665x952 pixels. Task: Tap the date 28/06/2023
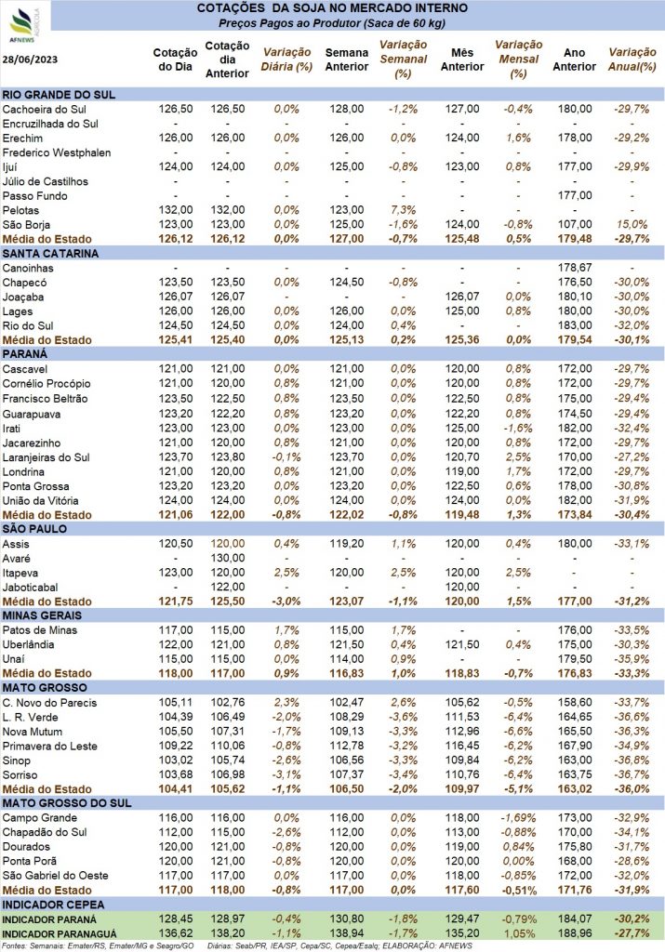point(30,59)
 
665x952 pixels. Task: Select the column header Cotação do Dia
point(175,59)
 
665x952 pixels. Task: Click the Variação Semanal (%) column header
point(404,59)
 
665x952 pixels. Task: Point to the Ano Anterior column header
point(575,59)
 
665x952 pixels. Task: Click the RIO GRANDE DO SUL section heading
point(59,95)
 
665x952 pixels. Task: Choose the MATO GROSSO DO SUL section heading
point(67,803)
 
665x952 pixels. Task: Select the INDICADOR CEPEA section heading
point(53,905)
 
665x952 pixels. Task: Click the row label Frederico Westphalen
point(57,152)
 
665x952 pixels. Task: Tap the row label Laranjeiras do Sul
point(47,457)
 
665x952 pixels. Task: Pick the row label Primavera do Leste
point(50,747)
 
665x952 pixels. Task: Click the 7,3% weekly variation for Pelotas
point(404,210)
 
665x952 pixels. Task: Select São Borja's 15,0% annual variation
point(632,225)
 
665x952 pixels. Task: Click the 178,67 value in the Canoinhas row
point(575,268)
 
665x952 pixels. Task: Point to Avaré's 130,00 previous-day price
point(228,558)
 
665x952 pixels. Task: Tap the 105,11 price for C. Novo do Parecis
point(176,703)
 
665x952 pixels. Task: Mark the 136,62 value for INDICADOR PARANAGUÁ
point(176,933)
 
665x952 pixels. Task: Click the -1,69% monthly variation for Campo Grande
point(519,818)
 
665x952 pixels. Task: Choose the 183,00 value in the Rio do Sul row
point(575,325)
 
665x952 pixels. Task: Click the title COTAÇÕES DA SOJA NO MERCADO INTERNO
point(332,8)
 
